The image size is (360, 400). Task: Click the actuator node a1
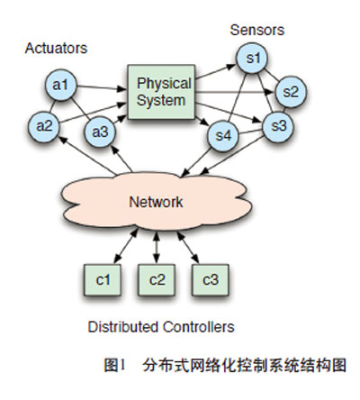point(61,86)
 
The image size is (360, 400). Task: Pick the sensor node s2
point(291,92)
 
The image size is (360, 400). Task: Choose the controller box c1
point(102,279)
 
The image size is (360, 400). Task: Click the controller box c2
point(157,279)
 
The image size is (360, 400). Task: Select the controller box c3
point(210,279)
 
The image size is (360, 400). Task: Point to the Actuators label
point(55,44)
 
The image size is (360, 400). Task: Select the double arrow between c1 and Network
point(115,246)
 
